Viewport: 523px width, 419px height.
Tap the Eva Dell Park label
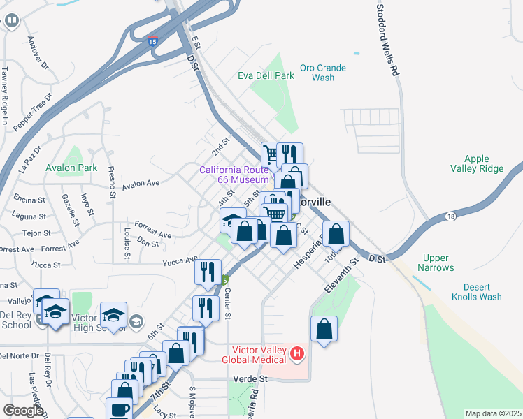[266, 75]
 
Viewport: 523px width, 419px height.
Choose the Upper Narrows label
[436, 263]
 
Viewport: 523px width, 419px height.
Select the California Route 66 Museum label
[234, 175]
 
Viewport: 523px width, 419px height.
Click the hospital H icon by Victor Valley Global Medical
[298, 353]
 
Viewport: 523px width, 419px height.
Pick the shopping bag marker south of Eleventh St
[324, 329]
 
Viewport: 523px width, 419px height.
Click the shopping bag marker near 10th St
[336, 234]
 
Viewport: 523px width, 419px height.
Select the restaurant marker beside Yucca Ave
[208, 271]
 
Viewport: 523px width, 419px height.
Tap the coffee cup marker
[119, 410]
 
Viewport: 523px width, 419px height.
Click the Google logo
[23, 411]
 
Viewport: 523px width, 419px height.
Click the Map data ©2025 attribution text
[492, 413]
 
